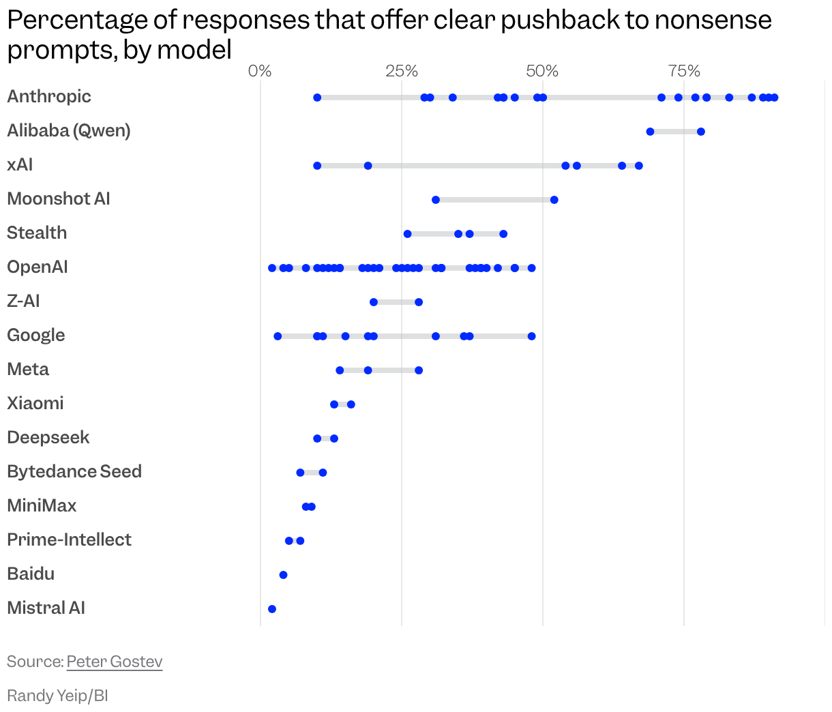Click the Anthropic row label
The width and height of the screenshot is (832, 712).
[49, 96]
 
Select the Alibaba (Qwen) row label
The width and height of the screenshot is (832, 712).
[68, 130]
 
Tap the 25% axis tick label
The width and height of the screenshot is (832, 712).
[402, 71]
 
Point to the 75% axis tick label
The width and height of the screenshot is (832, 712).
[684, 71]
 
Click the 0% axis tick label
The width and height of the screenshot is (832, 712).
[260, 71]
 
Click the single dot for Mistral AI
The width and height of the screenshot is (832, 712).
[272, 609]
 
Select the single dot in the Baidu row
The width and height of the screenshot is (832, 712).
[283, 575]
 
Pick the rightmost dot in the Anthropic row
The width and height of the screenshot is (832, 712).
[774, 98]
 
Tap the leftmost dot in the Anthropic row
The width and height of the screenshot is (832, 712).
[317, 98]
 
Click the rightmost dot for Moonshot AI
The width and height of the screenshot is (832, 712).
[554, 200]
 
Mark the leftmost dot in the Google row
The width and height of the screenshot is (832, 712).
[278, 336]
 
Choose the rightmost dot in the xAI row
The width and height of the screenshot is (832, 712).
[638, 166]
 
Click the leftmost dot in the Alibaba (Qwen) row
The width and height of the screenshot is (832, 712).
[650, 132]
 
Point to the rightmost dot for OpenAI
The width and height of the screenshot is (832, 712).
[531, 268]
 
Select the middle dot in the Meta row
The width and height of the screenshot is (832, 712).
[368, 370]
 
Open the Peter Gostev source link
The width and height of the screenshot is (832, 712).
[115, 662]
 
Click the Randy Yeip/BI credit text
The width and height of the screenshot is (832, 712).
[57, 696]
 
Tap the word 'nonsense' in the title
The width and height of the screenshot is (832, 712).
[713, 20]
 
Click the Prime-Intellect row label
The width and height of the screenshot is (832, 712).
[69, 539]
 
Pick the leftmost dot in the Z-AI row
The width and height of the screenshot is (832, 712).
[373, 302]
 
